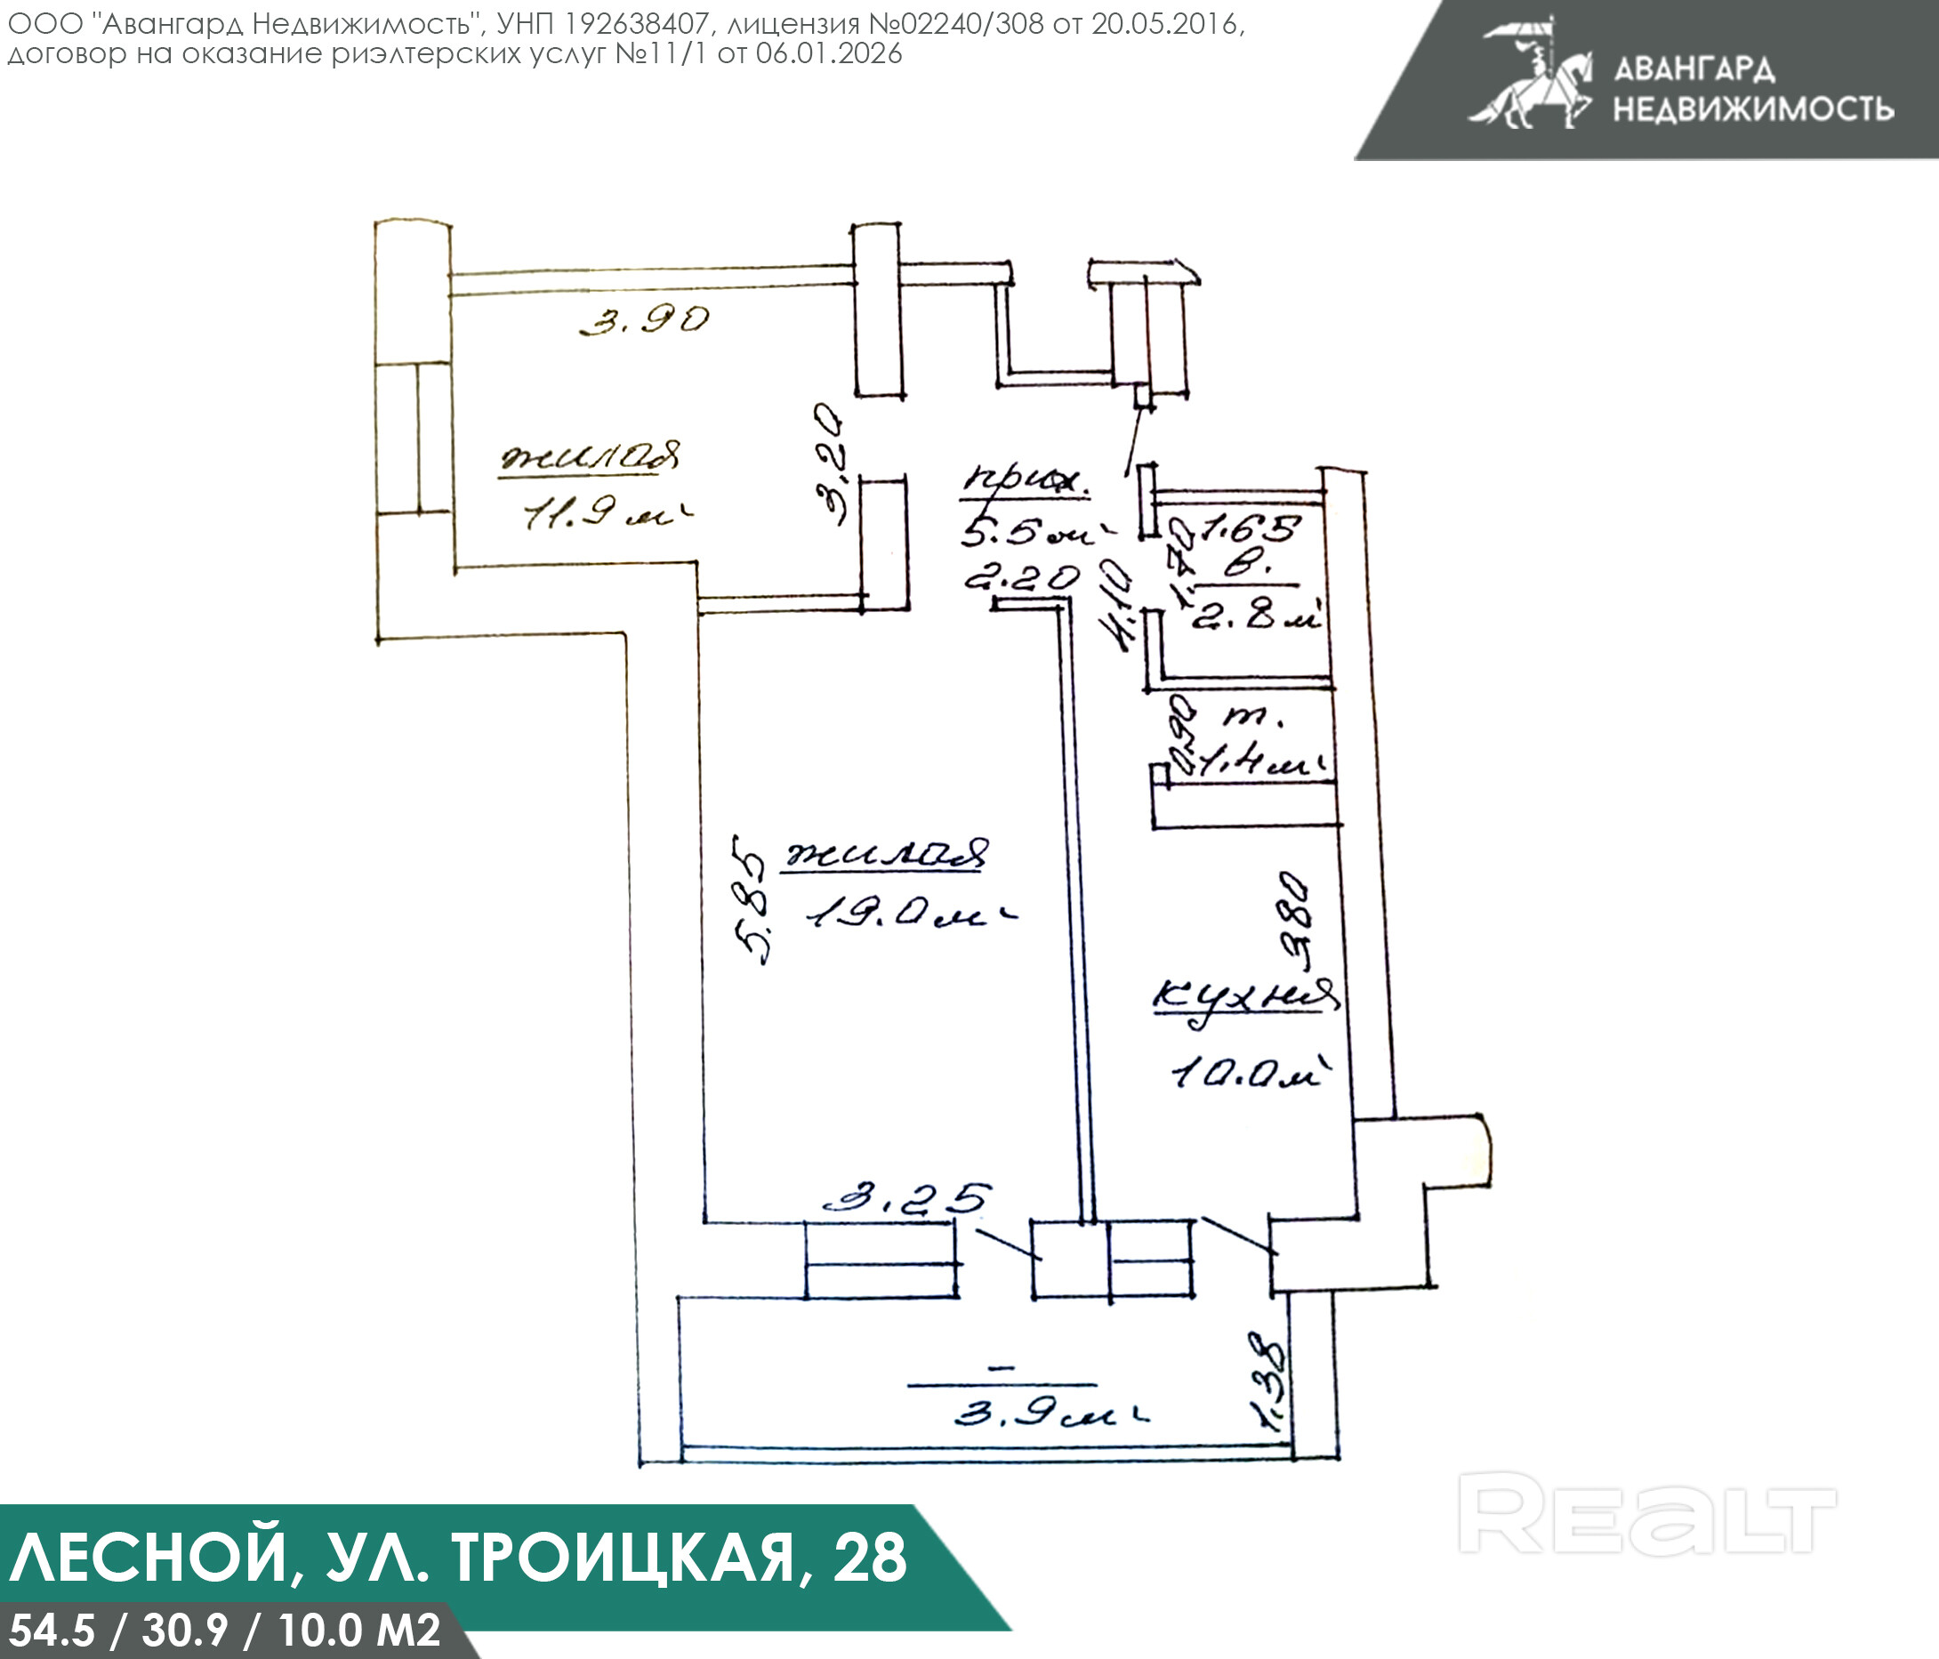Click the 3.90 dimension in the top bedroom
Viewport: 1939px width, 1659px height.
click(645, 320)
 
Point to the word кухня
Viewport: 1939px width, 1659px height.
click(1244, 999)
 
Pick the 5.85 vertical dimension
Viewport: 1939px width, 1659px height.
click(753, 898)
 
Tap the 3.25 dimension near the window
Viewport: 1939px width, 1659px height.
click(905, 1197)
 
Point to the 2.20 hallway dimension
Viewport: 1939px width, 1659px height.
click(1022, 578)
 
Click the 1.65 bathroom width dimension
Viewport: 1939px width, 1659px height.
click(1251, 529)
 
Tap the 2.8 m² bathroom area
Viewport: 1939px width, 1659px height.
click(1255, 616)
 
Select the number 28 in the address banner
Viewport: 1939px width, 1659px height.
click(870, 1557)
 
